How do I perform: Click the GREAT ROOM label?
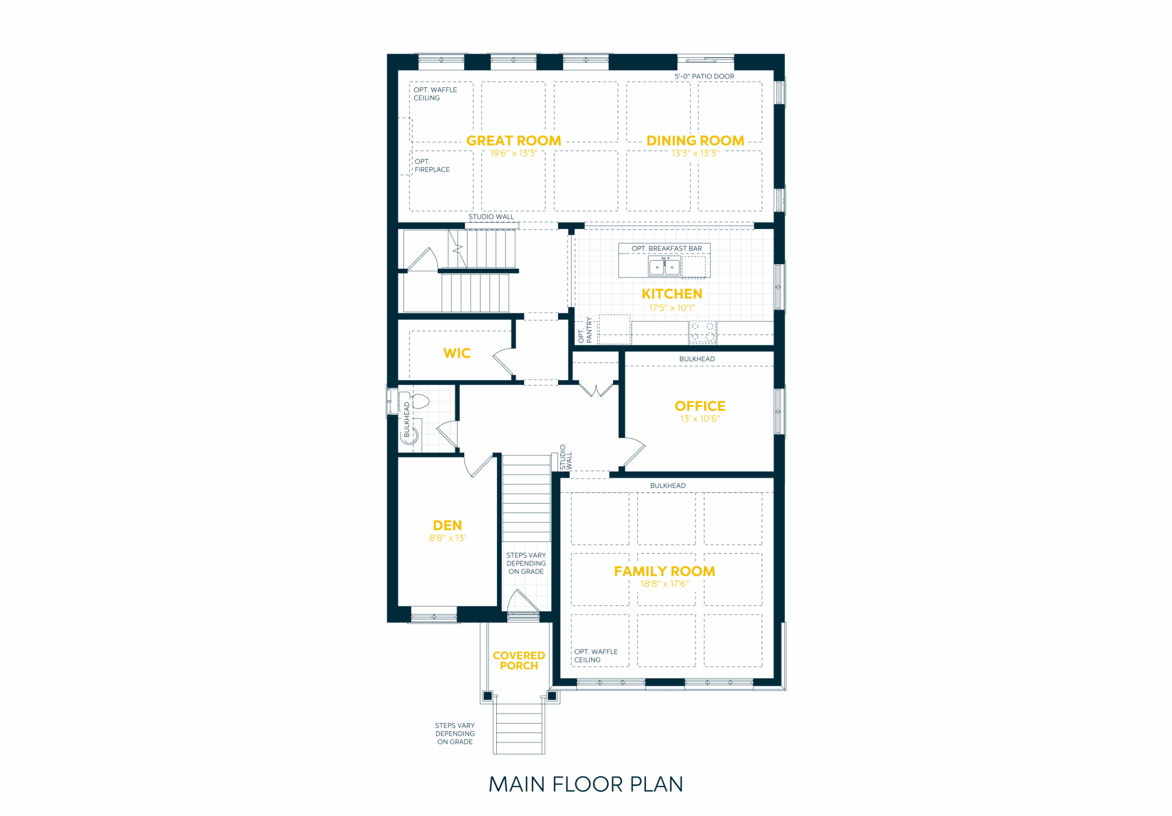tap(514, 141)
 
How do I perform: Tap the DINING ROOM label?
tap(695, 141)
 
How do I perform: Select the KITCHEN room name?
tap(672, 294)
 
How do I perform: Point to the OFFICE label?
tap(700, 407)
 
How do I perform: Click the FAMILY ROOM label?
tap(665, 571)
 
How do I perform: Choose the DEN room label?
tap(447, 525)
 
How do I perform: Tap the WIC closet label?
tap(457, 354)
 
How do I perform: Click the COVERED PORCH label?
tap(519, 661)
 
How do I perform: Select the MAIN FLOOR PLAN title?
tap(586, 784)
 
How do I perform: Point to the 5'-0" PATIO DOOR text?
tap(705, 76)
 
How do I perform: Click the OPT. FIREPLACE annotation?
tap(432, 165)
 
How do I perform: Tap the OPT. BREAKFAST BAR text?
tap(667, 249)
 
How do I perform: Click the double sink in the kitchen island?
tap(665, 267)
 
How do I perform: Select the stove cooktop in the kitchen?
tap(702, 332)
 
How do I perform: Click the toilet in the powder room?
tap(418, 402)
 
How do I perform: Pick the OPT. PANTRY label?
tap(585, 330)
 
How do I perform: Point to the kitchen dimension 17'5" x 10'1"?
tap(672, 308)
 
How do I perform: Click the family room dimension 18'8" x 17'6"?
tap(665, 584)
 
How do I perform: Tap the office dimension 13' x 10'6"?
tap(700, 419)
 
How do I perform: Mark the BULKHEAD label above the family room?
tap(667, 486)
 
